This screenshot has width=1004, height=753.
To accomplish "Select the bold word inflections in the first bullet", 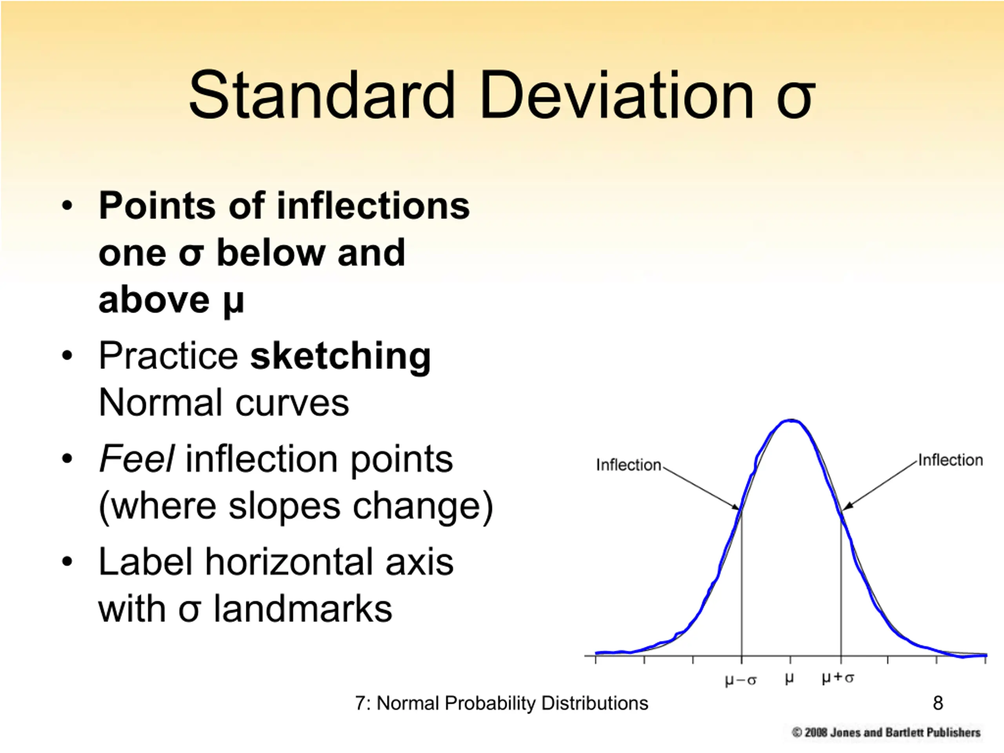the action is [x=373, y=206].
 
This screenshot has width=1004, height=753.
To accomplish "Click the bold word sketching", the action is [x=340, y=357].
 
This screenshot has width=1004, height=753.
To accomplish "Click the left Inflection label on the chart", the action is [x=629, y=465].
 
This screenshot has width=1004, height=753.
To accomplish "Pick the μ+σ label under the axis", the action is [x=838, y=678].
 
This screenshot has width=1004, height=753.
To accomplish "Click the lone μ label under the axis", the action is [x=790, y=678].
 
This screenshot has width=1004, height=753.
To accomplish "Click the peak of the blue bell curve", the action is [x=791, y=421].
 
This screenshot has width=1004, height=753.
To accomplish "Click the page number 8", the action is [x=938, y=703].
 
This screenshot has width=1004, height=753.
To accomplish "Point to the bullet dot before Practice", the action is [x=67, y=356].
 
